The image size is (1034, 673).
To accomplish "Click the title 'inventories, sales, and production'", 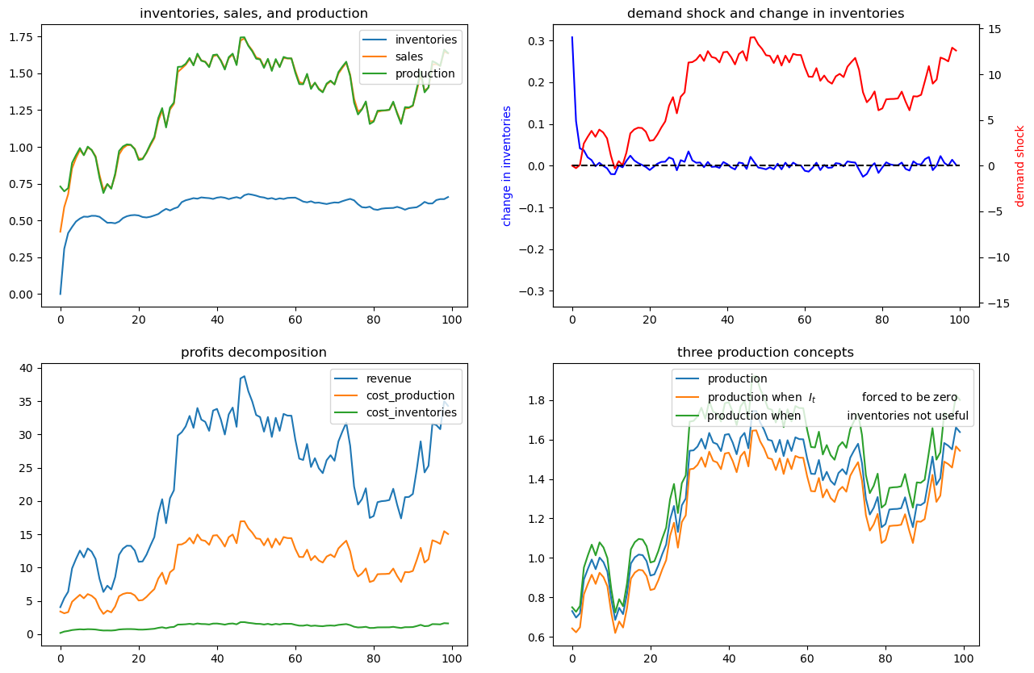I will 253,13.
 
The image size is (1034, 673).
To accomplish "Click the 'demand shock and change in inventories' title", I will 765,13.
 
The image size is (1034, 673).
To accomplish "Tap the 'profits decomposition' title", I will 253,352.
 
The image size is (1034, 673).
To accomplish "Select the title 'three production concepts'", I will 765,352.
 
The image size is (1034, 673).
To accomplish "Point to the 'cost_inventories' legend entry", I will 412,412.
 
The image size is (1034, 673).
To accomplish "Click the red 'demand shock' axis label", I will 1019,165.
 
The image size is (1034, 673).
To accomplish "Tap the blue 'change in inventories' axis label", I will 507,165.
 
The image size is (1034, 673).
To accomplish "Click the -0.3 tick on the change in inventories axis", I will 532,291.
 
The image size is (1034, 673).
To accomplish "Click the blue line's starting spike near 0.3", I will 572,37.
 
